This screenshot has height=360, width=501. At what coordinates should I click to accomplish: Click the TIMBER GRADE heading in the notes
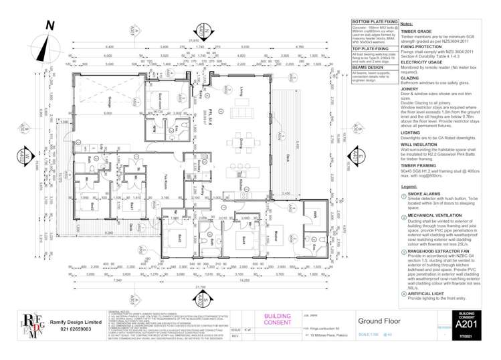tap(415, 31)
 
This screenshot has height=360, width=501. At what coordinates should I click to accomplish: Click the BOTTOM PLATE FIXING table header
tap(374, 23)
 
